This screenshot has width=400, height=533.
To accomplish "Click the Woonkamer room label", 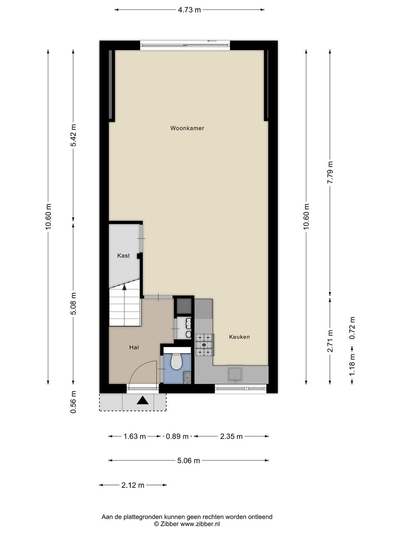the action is pos(187,128).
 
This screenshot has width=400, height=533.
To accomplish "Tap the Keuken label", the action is pos(239,336).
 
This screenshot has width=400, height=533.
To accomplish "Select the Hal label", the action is pos(134,347).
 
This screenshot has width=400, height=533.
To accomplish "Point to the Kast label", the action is pos(123,255).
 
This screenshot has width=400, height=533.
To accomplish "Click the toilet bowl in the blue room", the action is pos(177,361).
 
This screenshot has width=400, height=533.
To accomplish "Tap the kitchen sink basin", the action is pos(235,374).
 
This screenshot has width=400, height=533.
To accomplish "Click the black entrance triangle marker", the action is pos(143,400).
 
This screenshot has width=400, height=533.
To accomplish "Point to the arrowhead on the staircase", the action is pos(124,287).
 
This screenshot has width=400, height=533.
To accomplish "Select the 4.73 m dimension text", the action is pos(189,10).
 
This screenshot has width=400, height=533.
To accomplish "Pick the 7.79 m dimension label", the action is pos(330,172).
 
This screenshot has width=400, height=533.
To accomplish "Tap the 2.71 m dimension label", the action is pos(330,341).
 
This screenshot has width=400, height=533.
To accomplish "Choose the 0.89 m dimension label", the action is pos(177,436).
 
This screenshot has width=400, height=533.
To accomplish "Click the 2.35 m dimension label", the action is pos(231,436).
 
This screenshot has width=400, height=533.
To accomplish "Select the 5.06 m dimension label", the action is pos(189,460).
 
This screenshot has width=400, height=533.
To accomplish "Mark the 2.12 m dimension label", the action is pos(133,485).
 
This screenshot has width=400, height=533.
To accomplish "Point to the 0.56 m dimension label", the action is pos(73,402).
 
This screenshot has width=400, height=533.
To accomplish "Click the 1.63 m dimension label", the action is pos(134,436).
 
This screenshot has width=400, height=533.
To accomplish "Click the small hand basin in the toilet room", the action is pos(187,378).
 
